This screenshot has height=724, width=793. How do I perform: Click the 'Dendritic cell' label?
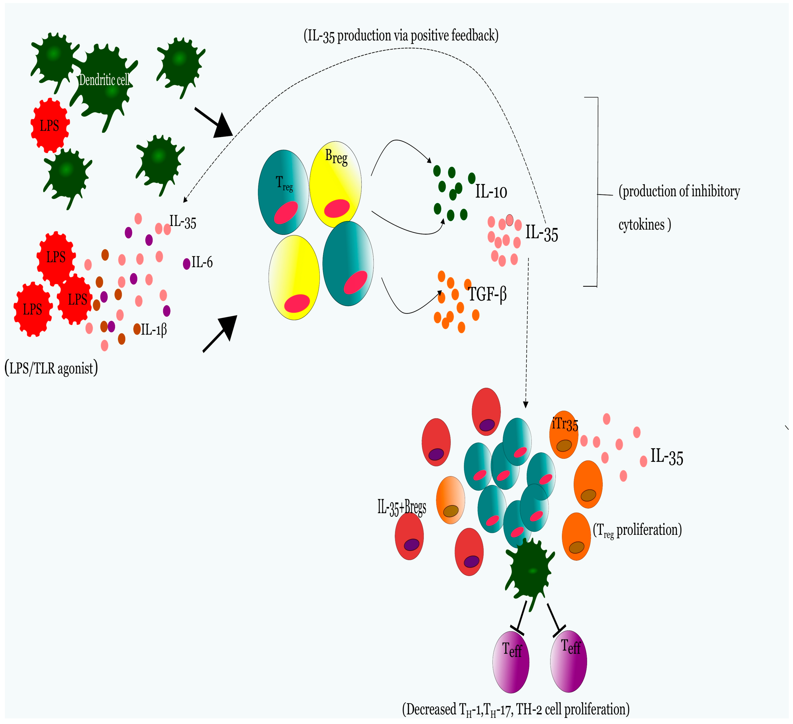pos(104,80)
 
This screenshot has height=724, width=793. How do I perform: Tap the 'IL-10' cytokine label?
pos(491,192)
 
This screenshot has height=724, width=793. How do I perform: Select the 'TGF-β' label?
pos(487,294)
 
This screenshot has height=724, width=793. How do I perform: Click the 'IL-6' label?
pos(202,262)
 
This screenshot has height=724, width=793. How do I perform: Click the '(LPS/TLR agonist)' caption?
pos(51,368)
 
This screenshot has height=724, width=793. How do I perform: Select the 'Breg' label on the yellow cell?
pos(336,157)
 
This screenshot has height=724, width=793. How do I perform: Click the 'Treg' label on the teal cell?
pos(284,183)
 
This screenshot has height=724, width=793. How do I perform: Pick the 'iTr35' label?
pos(565,424)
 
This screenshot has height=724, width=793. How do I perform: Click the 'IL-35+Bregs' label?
pos(402,507)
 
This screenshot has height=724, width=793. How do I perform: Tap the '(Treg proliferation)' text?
pos(637,530)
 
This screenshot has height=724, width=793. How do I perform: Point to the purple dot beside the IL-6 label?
pos(187,264)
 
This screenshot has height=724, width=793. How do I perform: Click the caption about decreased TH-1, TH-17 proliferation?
pos(516,710)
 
